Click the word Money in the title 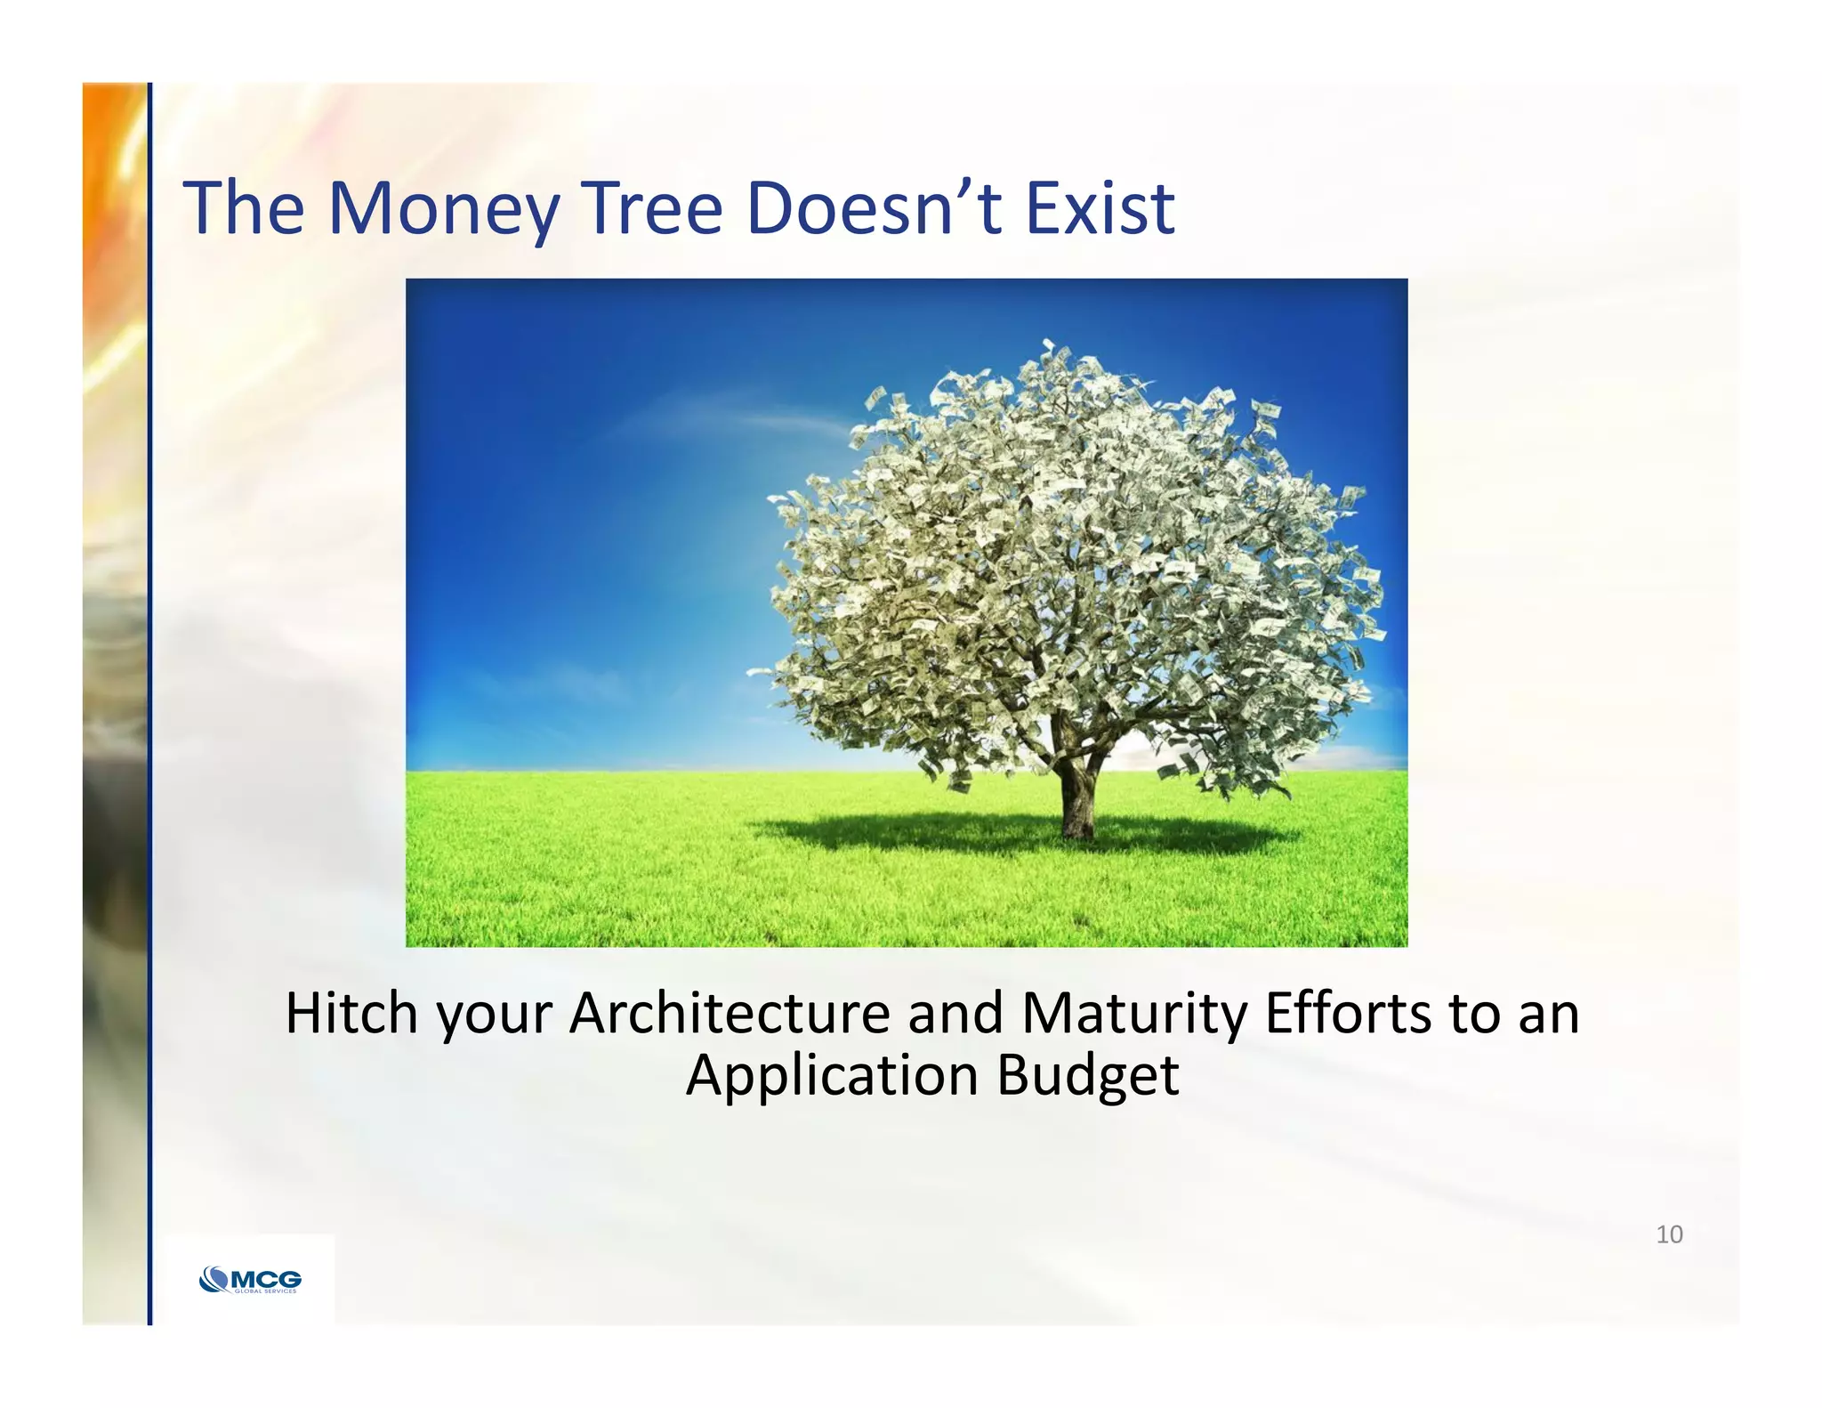click(x=443, y=209)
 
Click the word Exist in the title click(x=1100, y=209)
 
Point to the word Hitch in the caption click(x=351, y=1014)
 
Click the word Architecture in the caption click(x=730, y=1014)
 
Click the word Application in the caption click(x=831, y=1076)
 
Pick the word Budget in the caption click(x=1087, y=1076)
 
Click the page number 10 click(x=1669, y=1234)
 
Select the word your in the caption click(x=495, y=1014)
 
